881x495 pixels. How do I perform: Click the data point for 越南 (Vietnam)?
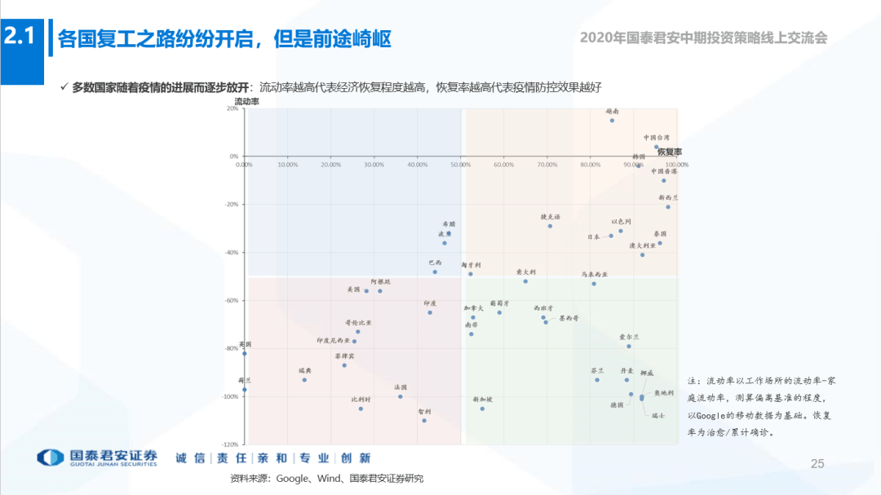(612, 121)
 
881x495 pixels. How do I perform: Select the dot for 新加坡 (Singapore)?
(482, 409)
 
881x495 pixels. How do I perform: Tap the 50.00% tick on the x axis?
(460, 165)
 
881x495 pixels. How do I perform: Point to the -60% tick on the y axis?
(232, 300)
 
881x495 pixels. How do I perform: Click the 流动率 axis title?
(246, 102)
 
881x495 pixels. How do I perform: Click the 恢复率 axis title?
(669, 152)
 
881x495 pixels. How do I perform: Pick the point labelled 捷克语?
(550, 226)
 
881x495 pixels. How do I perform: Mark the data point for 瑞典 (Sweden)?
(304, 380)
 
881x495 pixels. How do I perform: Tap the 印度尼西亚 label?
(333, 340)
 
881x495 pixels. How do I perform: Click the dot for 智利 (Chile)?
(424, 420)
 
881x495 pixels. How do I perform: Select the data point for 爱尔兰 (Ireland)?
(629, 347)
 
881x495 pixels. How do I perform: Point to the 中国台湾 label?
(656, 138)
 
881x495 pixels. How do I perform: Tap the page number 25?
(817, 464)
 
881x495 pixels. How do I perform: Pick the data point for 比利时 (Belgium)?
(361, 409)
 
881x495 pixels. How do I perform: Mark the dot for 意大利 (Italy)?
(525, 281)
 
